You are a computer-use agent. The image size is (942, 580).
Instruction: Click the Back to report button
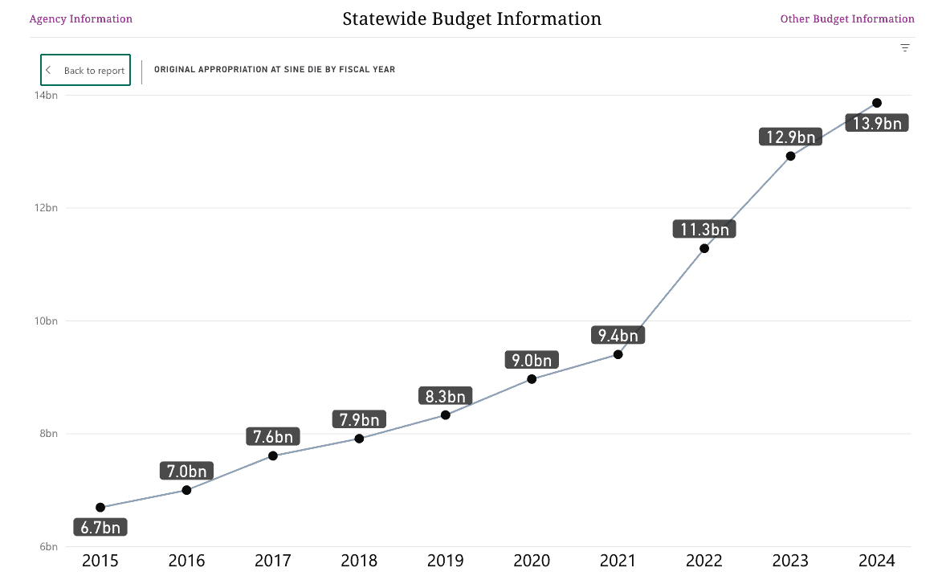pos(85,70)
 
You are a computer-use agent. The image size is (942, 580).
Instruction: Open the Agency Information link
pos(80,18)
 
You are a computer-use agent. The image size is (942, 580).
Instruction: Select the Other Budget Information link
pos(847,18)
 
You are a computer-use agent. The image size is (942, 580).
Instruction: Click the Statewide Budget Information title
pos(471,18)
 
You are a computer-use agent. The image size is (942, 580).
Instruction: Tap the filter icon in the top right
pos(905,47)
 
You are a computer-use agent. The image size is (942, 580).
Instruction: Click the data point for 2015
pos(100,507)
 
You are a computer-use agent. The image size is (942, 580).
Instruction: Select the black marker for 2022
pos(704,248)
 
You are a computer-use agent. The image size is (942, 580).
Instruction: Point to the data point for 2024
pos(877,103)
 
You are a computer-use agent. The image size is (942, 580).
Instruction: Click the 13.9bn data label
pos(877,124)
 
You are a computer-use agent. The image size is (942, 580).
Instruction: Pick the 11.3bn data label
pos(704,230)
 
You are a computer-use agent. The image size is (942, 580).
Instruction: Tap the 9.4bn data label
pos(618,336)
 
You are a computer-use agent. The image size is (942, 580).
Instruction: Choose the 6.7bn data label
pos(100,528)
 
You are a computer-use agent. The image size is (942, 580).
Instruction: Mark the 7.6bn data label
pos(273,437)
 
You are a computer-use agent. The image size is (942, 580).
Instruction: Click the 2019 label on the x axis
pos(446,561)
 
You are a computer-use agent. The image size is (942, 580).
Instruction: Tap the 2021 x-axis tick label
pos(618,561)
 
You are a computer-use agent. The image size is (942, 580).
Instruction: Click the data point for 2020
pos(532,378)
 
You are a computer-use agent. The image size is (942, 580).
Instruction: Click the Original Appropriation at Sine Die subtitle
pos(275,70)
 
